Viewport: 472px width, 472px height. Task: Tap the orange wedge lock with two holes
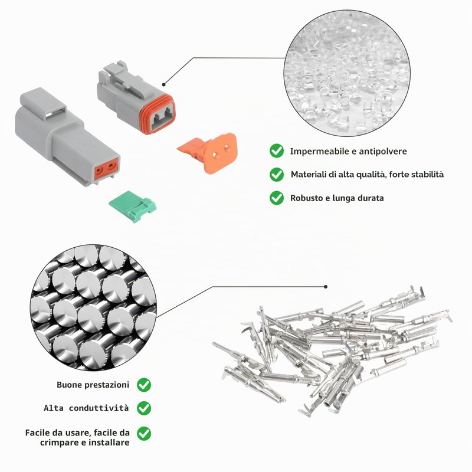pyautogui.click(x=211, y=153)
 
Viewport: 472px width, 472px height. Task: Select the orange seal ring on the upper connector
pyautogui.click(x=157, y=114)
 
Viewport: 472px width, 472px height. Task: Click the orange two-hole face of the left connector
pyautogui.click(x=106, y=169)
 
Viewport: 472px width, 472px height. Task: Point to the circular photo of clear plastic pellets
pyautogui.click(x=347, y=72)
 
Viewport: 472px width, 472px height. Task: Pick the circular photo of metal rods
pyautogui.click(x=93, y=307)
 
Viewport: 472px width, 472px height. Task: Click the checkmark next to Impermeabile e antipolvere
pyautogui.click(x=277, y=151)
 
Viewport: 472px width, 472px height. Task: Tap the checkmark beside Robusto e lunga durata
pyautogui.click(x=277, y=198)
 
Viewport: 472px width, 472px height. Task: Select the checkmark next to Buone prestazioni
pyautogui.click(x=144, y=385)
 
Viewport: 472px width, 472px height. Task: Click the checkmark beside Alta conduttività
pyautogui.click(x=144, y=408)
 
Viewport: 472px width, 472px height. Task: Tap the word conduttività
pyautogui.click(x=99, y=408)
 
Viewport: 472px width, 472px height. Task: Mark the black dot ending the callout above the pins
pyautogui.click(x=326, y=287)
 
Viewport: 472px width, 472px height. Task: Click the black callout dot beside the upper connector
pyautogui.click(x=164, y=84)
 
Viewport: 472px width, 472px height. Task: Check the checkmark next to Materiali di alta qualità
pyautogui.click(x=277, y=174)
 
